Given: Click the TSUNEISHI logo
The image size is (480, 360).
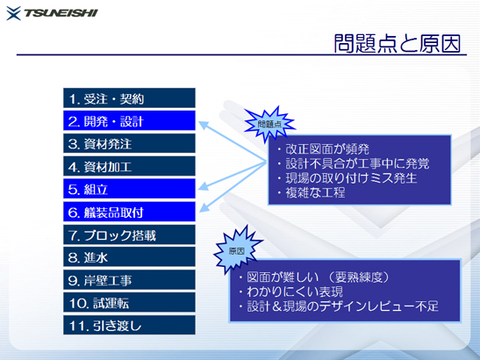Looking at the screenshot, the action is pyautogui.click(x=52, y=13).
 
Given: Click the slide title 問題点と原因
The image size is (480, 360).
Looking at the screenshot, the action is pyautogui.click(x=398, y=44).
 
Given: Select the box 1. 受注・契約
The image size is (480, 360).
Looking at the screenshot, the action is pyautogui.click(x=129, y=98).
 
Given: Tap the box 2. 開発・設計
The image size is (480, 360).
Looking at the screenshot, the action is pyautogui.click(x=129, y=120).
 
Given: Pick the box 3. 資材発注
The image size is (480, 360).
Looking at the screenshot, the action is pyautogui.click(x=129, y=143).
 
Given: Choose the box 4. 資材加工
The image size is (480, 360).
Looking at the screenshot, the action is pyautogui.click(x=129, y=166).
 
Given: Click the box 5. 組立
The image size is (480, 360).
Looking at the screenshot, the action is pyautogui.click(x=129, y=189).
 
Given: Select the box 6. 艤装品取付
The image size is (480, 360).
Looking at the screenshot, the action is pyautogui.click(x=129, y=212).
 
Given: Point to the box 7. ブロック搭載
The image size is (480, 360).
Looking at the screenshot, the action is pyautogui.click(x=129, y=234).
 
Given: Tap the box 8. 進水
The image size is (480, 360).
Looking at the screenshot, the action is pyautogui.click(x=129, y=257).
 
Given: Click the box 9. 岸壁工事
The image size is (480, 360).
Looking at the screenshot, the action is pyautogui.click(x=129, y=280).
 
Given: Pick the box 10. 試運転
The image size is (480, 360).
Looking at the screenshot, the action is pyautogui.click(x=129, y=302).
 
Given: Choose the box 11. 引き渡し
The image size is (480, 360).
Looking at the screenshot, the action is pyautogui.click(x=129, y=325).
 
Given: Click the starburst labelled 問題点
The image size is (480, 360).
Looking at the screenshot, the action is pyautogui.click(x=269, y=124).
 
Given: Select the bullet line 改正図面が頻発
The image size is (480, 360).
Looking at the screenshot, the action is pyautogui.click(x=324, y=149).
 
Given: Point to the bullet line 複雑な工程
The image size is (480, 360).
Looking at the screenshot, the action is pyautogui.click(x=312, y=192).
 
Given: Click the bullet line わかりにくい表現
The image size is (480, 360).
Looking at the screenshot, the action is pyautogui.click(x=290, y=292).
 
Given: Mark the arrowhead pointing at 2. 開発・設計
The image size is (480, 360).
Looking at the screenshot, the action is pyautogui.click(x=204, y=125).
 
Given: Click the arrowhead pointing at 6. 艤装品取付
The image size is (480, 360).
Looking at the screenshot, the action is pyautogui.click(x=204, y=207).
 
